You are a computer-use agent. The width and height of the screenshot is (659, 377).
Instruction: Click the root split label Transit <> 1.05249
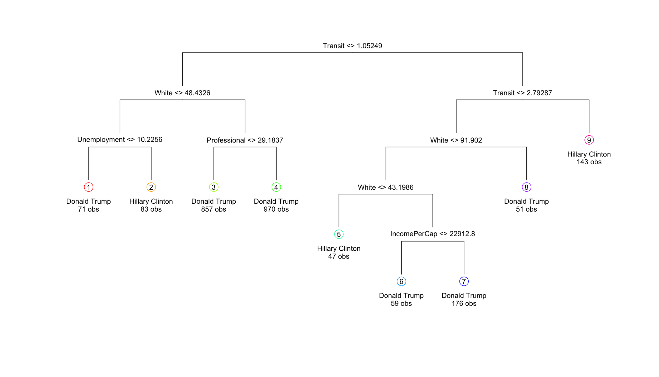pos(352,46)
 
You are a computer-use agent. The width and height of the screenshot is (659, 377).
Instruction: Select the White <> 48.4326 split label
pos(182,93)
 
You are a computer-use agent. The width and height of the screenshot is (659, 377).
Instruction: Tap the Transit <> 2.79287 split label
pos(522,93)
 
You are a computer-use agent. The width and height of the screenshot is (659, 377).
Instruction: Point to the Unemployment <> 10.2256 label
pos(120,140)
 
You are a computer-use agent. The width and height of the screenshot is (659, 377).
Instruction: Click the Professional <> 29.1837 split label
pos(245,140)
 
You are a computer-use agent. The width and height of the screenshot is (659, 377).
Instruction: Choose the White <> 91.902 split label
pos(456,140)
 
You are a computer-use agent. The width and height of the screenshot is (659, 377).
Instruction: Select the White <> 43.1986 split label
pos(386,187)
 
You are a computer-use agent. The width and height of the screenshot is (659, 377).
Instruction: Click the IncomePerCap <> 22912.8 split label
pos(433,234)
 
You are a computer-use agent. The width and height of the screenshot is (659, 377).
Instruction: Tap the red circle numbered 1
pos(89,187)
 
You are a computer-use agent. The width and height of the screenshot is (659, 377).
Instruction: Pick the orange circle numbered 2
pos(151,187)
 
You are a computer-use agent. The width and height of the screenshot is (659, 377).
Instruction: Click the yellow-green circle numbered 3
pos(214,187)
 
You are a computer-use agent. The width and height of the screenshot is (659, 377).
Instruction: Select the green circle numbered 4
pos(276,187)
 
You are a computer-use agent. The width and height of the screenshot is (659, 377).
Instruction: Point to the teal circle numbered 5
pos(339,234)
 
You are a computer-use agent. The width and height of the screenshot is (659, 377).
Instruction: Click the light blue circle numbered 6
pos(401,281)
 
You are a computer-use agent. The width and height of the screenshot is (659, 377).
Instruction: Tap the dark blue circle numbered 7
pos(464,281)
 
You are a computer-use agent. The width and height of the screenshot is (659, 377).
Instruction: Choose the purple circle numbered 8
pos(526,187)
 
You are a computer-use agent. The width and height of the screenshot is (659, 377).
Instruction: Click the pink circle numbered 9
pos(589,140)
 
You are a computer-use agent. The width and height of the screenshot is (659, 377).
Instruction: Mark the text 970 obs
pos(276,209)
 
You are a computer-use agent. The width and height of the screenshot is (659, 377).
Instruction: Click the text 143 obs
pos(589,162)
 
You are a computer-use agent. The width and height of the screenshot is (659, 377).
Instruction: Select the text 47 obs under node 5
pos(338,256)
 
